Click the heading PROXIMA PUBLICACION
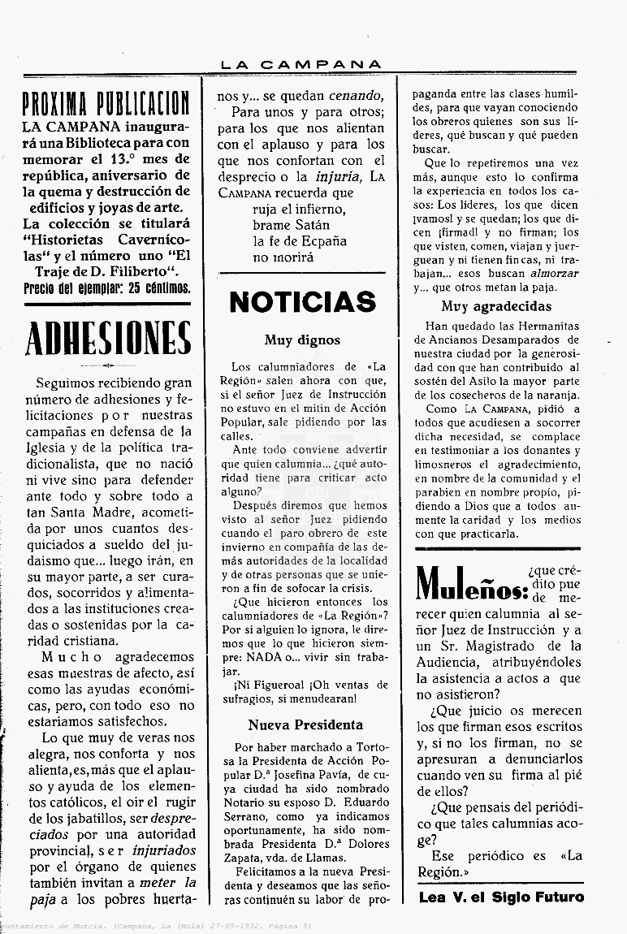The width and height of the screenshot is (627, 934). [x=106, y=103]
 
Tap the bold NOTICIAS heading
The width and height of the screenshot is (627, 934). [x=302, y=302]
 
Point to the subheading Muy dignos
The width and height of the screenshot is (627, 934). [x=302, y=340]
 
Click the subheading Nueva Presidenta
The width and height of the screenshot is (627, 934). [x=305, y=724]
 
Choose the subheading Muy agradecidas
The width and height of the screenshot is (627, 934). [x=496, y=306]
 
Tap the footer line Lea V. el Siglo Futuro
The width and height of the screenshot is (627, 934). [x=501, y=897]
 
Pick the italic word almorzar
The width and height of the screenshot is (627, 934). [x=555, y=273]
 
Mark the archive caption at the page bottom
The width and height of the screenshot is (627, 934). [x=154, y=927]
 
